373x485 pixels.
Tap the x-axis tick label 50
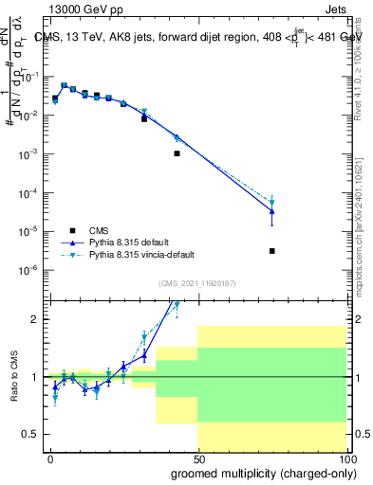[x=197, y=458]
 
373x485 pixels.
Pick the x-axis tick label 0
[x=50, y=458]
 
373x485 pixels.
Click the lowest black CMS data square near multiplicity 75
[x=272, y=251]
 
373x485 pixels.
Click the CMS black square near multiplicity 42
[x=177, y=153]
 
